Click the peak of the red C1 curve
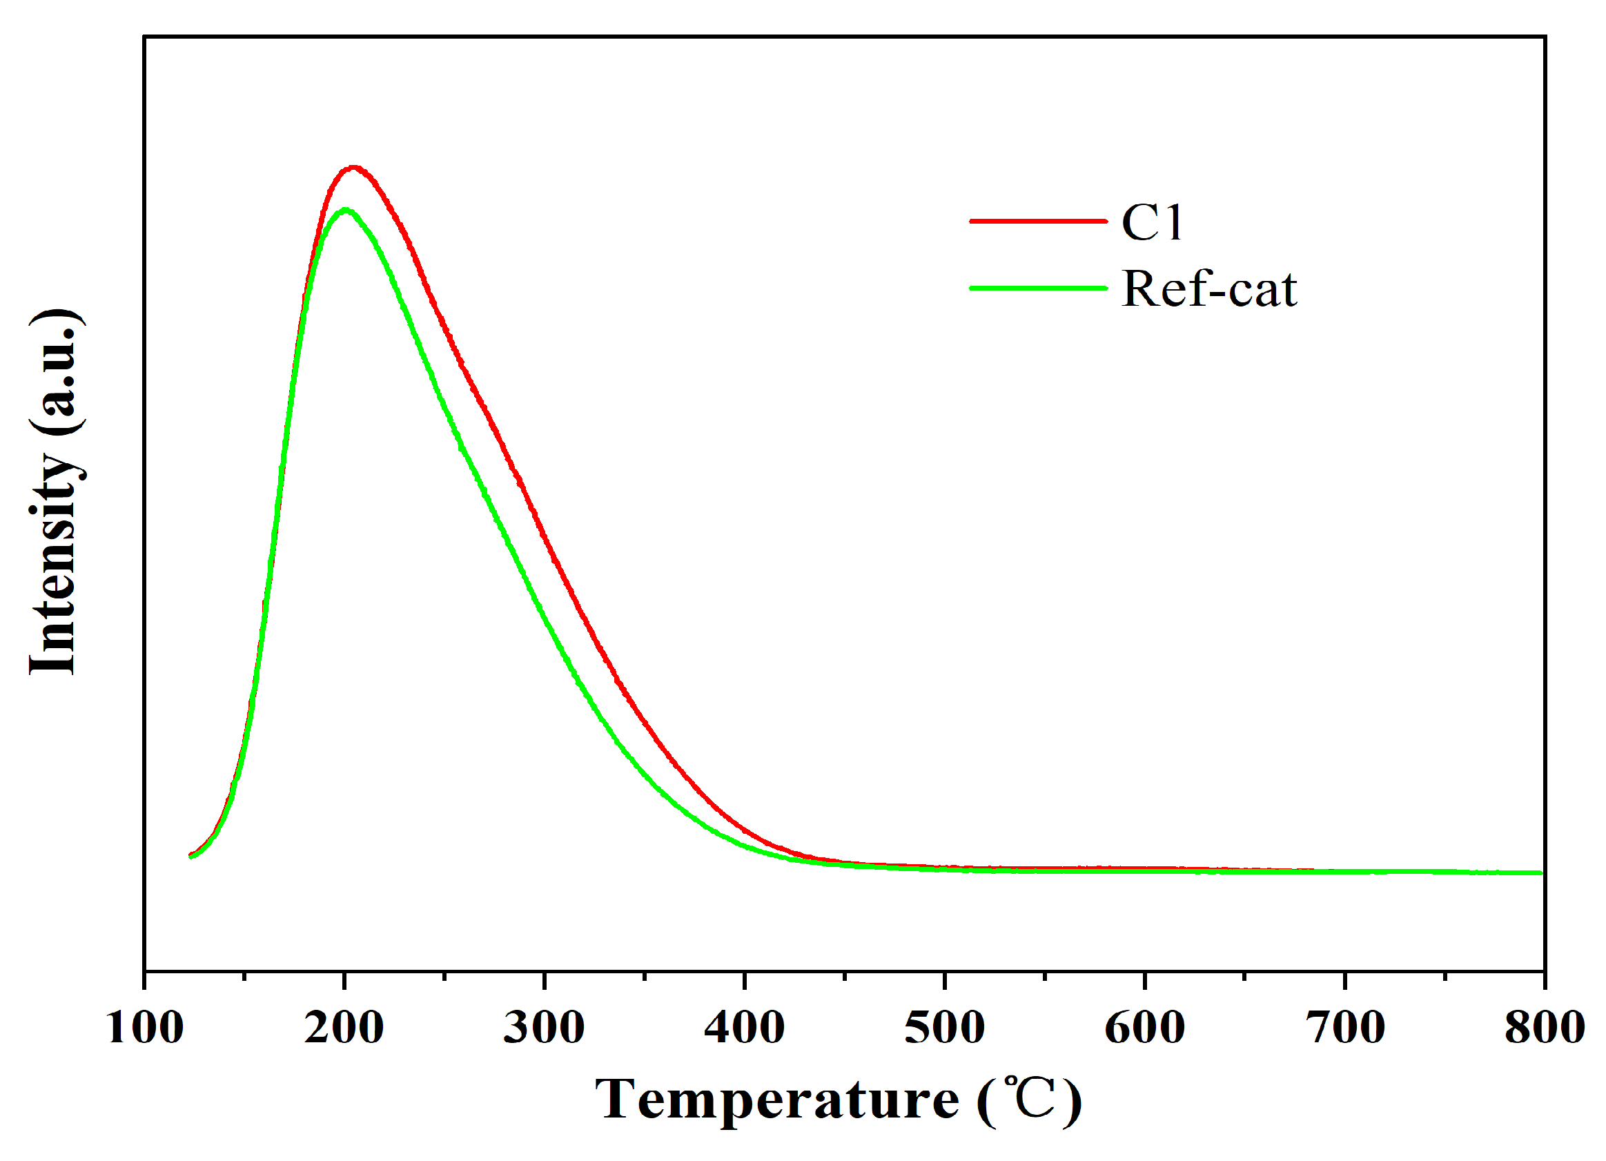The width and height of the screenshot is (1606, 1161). [x=353, y=168]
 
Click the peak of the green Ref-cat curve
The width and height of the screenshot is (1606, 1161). [x=345, y=210]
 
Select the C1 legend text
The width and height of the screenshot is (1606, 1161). [x=1152, y=222]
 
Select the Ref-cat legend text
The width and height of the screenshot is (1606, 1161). [x=1208, y=290]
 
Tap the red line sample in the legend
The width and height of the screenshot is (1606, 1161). [x=1038, y=221]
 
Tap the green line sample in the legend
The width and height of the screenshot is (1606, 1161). [x=1038, y=289]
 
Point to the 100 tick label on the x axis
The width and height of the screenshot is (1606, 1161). [x=145, y=1027]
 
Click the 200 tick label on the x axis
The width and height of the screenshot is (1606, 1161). [x=344, y=1027]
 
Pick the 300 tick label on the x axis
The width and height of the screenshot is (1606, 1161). [x=544, y=1027]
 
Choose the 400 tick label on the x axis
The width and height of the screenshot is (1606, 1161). [x=744, y=1027]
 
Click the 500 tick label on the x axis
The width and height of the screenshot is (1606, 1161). [x=945, y=1027]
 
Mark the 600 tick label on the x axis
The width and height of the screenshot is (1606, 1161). [x=1145, y=1027]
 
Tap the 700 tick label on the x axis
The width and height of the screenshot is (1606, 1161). [x=1344, y=1027]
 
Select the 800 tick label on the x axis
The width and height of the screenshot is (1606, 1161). [x=1545, y=1027]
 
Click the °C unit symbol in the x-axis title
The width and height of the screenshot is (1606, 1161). [x=1030, y=1100]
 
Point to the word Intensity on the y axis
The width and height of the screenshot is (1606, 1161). [x=53, y=563]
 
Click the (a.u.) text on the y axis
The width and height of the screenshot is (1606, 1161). [x=55, y=371]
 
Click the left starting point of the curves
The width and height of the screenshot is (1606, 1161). [x=190, y=857]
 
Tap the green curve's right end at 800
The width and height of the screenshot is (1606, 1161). [x=1540, y=872]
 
